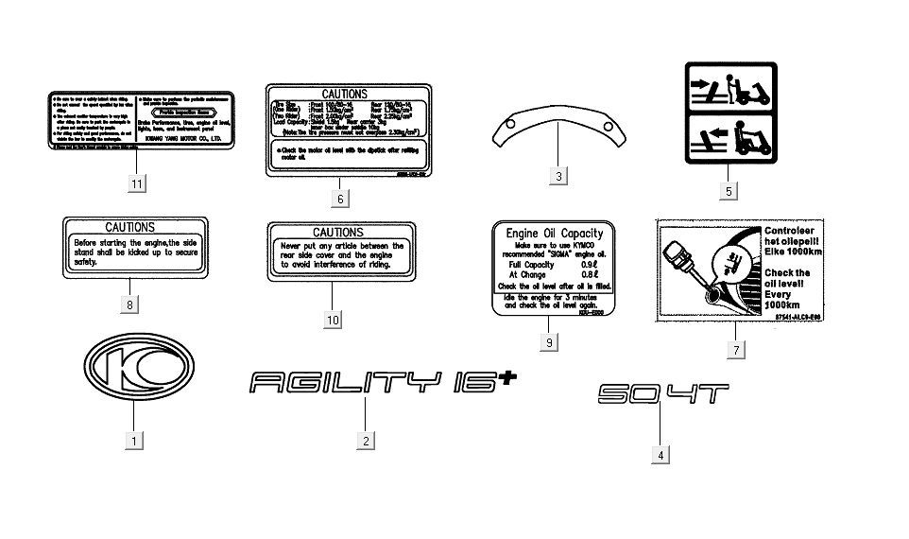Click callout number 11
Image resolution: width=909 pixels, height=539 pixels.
coord(138,183)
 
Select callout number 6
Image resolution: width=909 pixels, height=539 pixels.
coord(340,199)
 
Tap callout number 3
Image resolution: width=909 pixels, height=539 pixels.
coord(559,176)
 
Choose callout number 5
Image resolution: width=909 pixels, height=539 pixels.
coord(729,191)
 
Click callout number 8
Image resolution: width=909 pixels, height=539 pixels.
coord(129,304)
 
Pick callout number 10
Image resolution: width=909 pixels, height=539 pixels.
coord(333,320)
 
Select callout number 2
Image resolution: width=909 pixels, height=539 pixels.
coord(367,440)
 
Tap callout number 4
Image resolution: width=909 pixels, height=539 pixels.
coord(660,455)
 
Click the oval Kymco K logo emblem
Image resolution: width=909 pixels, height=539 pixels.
coord(136,366)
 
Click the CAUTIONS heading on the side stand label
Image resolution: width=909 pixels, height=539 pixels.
coord(129,227)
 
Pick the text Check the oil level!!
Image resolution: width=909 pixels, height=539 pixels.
coord(815,279)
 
